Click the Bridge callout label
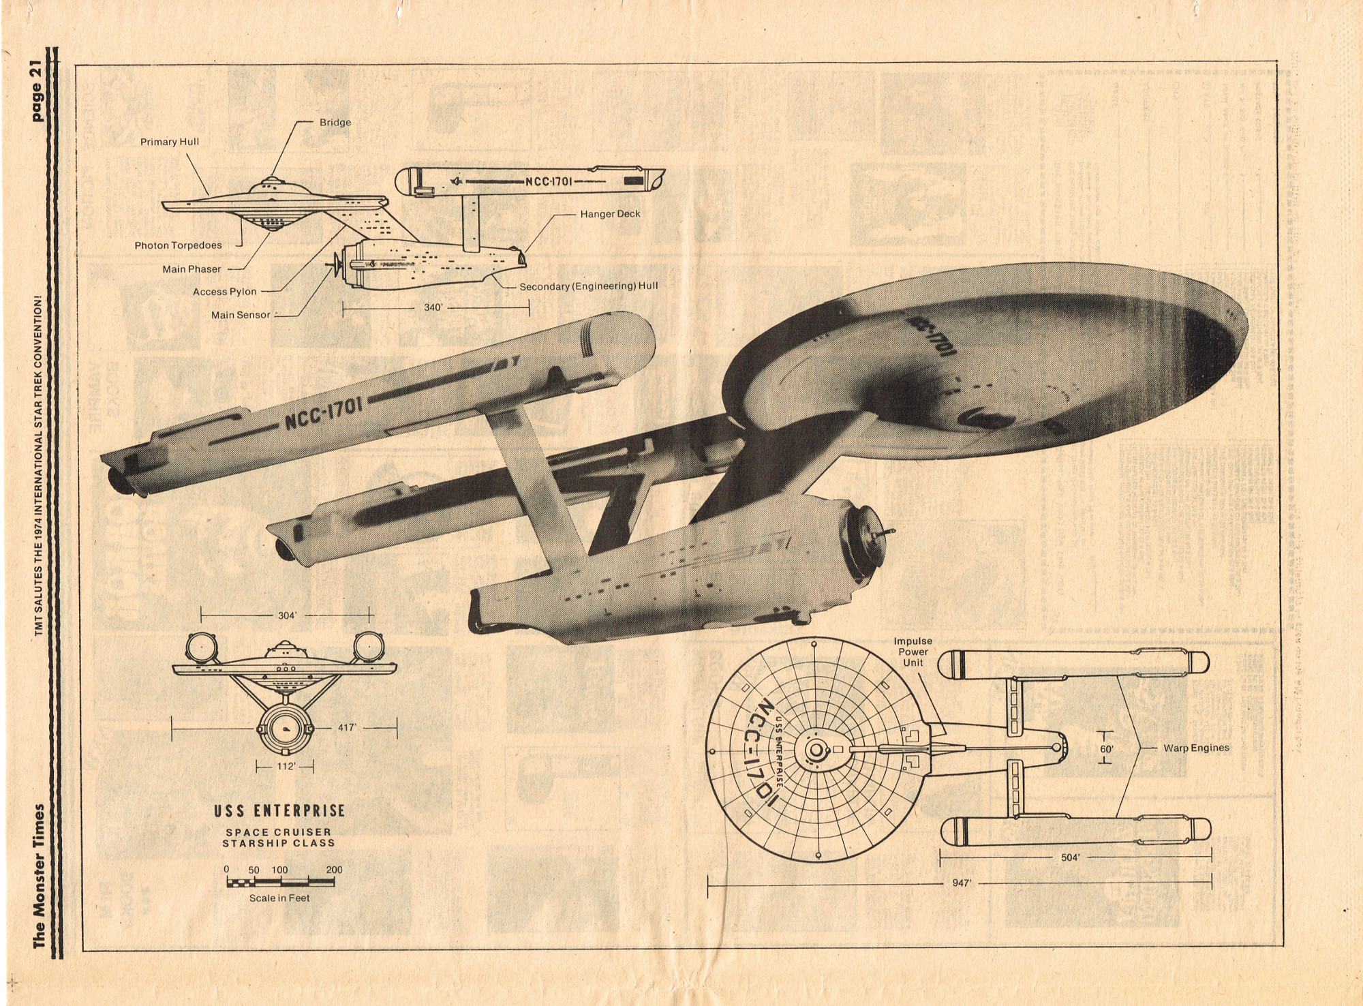click(x=335, y=123)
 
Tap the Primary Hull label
click(x=170, y=142)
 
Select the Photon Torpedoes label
click(x=178, y=245)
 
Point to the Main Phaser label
click(x=192, y=269)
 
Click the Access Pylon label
click(x=224, y=292)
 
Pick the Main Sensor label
click(x=241, y=315)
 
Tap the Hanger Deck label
click(x=610, y=214)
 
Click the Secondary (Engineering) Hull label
click(x=589, y=286)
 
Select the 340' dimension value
click(x=433, y=307)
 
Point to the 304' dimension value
click(x=287, y=615)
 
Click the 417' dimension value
click(x=347, y=727)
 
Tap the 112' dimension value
click(x=286, y=766)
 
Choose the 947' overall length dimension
click(x=961, y=883)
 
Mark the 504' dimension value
click(x=1070, y=857)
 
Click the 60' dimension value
click(x=1107, y=749)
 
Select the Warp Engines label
click(x=1196, y=748)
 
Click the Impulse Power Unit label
click(x=913, y=652)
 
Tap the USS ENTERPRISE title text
click(x=279, y=811)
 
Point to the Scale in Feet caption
click(x=279, y=898)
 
